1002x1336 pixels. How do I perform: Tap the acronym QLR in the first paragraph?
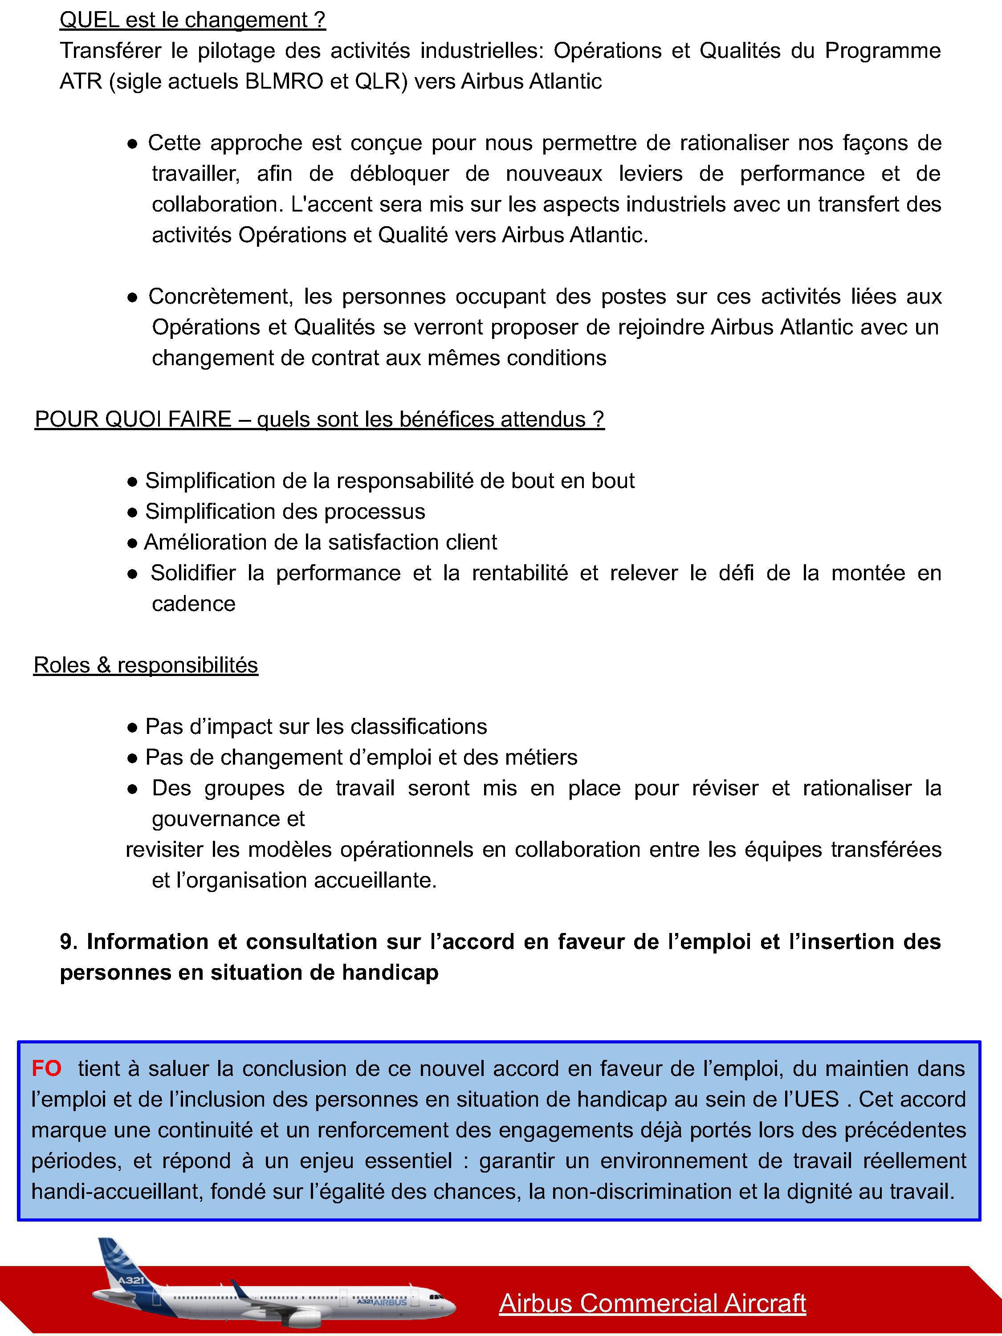point(378,81)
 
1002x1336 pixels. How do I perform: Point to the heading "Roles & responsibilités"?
point(146,665)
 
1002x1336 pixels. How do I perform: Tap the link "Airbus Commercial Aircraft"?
point(652,1303)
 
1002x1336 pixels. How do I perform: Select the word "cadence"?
point(193,604)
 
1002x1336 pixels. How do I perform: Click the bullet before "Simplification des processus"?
point(132,512)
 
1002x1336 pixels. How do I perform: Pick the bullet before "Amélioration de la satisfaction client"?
point(132,543)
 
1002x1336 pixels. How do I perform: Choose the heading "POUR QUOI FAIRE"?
point(133,419)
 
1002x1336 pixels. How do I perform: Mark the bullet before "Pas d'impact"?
point(132,727)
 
